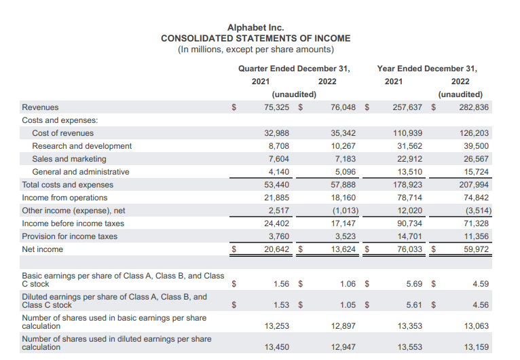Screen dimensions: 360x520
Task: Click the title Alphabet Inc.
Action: tap(256, 27)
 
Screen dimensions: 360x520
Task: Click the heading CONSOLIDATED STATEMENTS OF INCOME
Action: tap(256, 38)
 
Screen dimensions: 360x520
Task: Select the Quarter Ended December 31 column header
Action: tap(294, 69)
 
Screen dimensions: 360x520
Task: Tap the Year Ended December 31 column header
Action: tap(427, 69)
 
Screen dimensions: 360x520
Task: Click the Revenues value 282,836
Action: tap(475, 107)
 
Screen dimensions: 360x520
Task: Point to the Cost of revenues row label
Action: tap(63, 133)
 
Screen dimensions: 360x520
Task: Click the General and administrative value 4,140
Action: tap(278, 172)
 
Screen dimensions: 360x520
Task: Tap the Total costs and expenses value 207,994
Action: tap(475, 185)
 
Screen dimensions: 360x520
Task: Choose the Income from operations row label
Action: tap(64, 198)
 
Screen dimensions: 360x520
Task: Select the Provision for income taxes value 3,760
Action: tap(278, 236)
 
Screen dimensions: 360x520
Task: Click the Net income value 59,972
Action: tap(476, 249)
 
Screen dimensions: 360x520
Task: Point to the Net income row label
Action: tap(42, 249)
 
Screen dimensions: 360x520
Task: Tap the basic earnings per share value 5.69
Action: tap(413, 284)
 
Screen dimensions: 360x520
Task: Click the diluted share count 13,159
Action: tap(476, 347)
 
